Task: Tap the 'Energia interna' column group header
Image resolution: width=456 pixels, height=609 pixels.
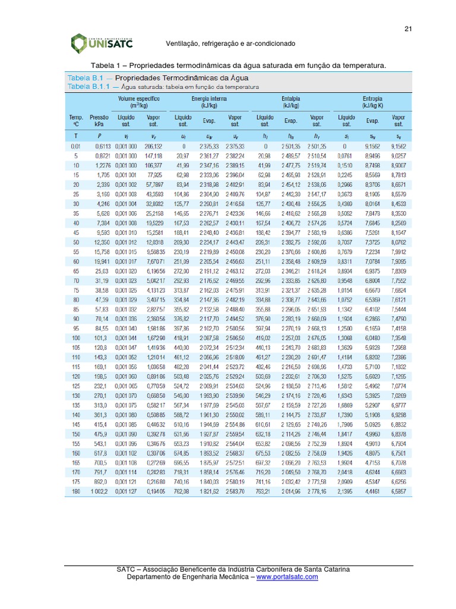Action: click(210, 101)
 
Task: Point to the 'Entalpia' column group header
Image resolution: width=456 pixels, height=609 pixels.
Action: click(290, 101)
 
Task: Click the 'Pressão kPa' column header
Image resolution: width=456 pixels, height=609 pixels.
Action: click(100, 121)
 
